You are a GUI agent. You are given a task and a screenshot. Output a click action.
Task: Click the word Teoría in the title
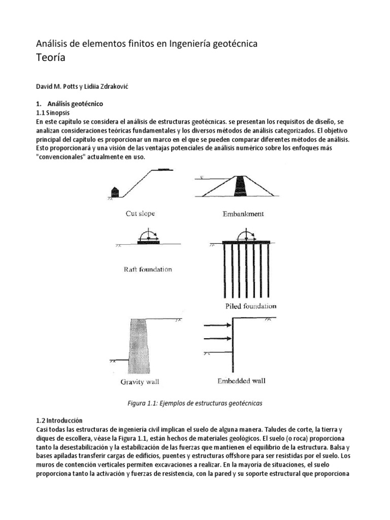coord(51,57)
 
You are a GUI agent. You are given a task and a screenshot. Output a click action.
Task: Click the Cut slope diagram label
coord(140,214)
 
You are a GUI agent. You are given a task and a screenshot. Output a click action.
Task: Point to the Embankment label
coord(243,214)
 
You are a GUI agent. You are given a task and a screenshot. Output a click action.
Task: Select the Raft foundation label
coord(148,269)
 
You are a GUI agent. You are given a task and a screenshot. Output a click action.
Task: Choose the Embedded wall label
coord(241,380)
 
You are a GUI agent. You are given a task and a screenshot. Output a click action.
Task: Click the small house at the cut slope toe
coord(115,191)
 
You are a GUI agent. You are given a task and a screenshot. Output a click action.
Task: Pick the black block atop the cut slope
coord(164,169)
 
